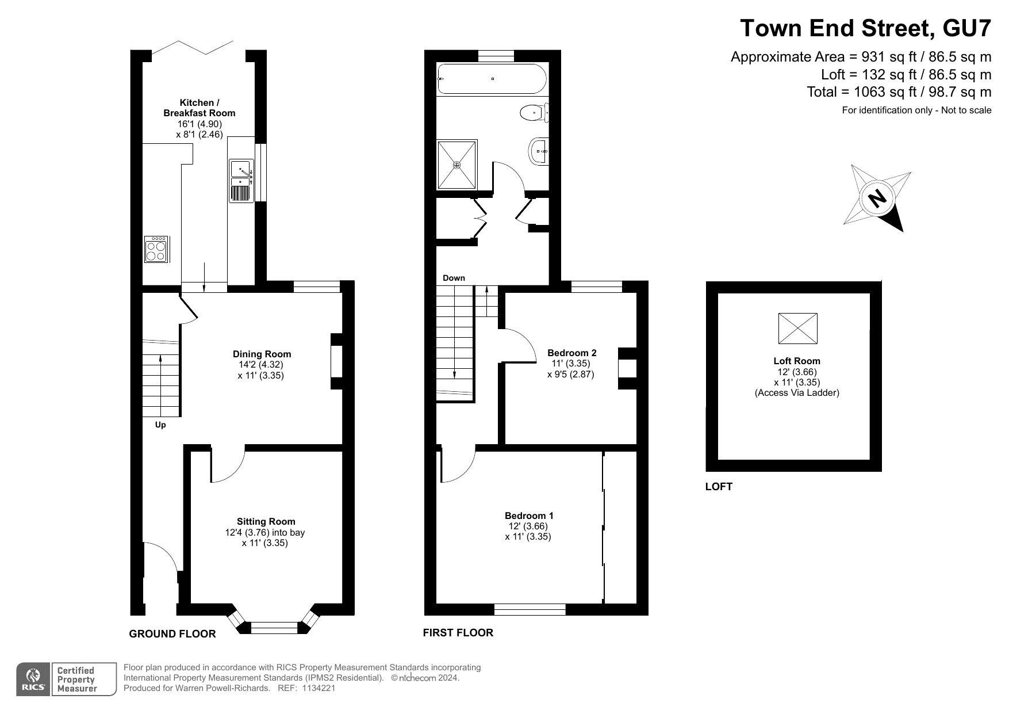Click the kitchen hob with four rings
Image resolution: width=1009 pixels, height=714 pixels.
click(156, 249)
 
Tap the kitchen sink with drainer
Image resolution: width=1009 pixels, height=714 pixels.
click(241, 181)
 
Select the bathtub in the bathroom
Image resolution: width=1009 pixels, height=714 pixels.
click(492, 79)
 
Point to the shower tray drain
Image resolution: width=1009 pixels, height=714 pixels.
click(457, 165)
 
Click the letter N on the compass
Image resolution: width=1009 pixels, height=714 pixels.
click(877, 198)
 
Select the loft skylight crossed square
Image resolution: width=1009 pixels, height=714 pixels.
click(797, 328)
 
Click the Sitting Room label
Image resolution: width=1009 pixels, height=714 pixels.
click(266, 522)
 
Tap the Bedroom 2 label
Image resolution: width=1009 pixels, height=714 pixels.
click(571, 353)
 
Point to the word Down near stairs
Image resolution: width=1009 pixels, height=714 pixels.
click(454, 278)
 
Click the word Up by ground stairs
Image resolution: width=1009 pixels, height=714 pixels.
click(160, 425)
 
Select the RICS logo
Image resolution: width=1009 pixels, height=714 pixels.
click(33, 679)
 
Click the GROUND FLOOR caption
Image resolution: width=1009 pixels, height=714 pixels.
click(172, 634)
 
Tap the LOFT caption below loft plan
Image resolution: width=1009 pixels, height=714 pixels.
click(719, 487)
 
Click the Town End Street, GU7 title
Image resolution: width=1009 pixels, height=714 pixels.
click(865, 28)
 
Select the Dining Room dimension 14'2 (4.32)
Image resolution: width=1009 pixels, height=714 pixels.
click(261, 365)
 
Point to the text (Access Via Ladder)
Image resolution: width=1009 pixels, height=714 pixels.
click(797, 393)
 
